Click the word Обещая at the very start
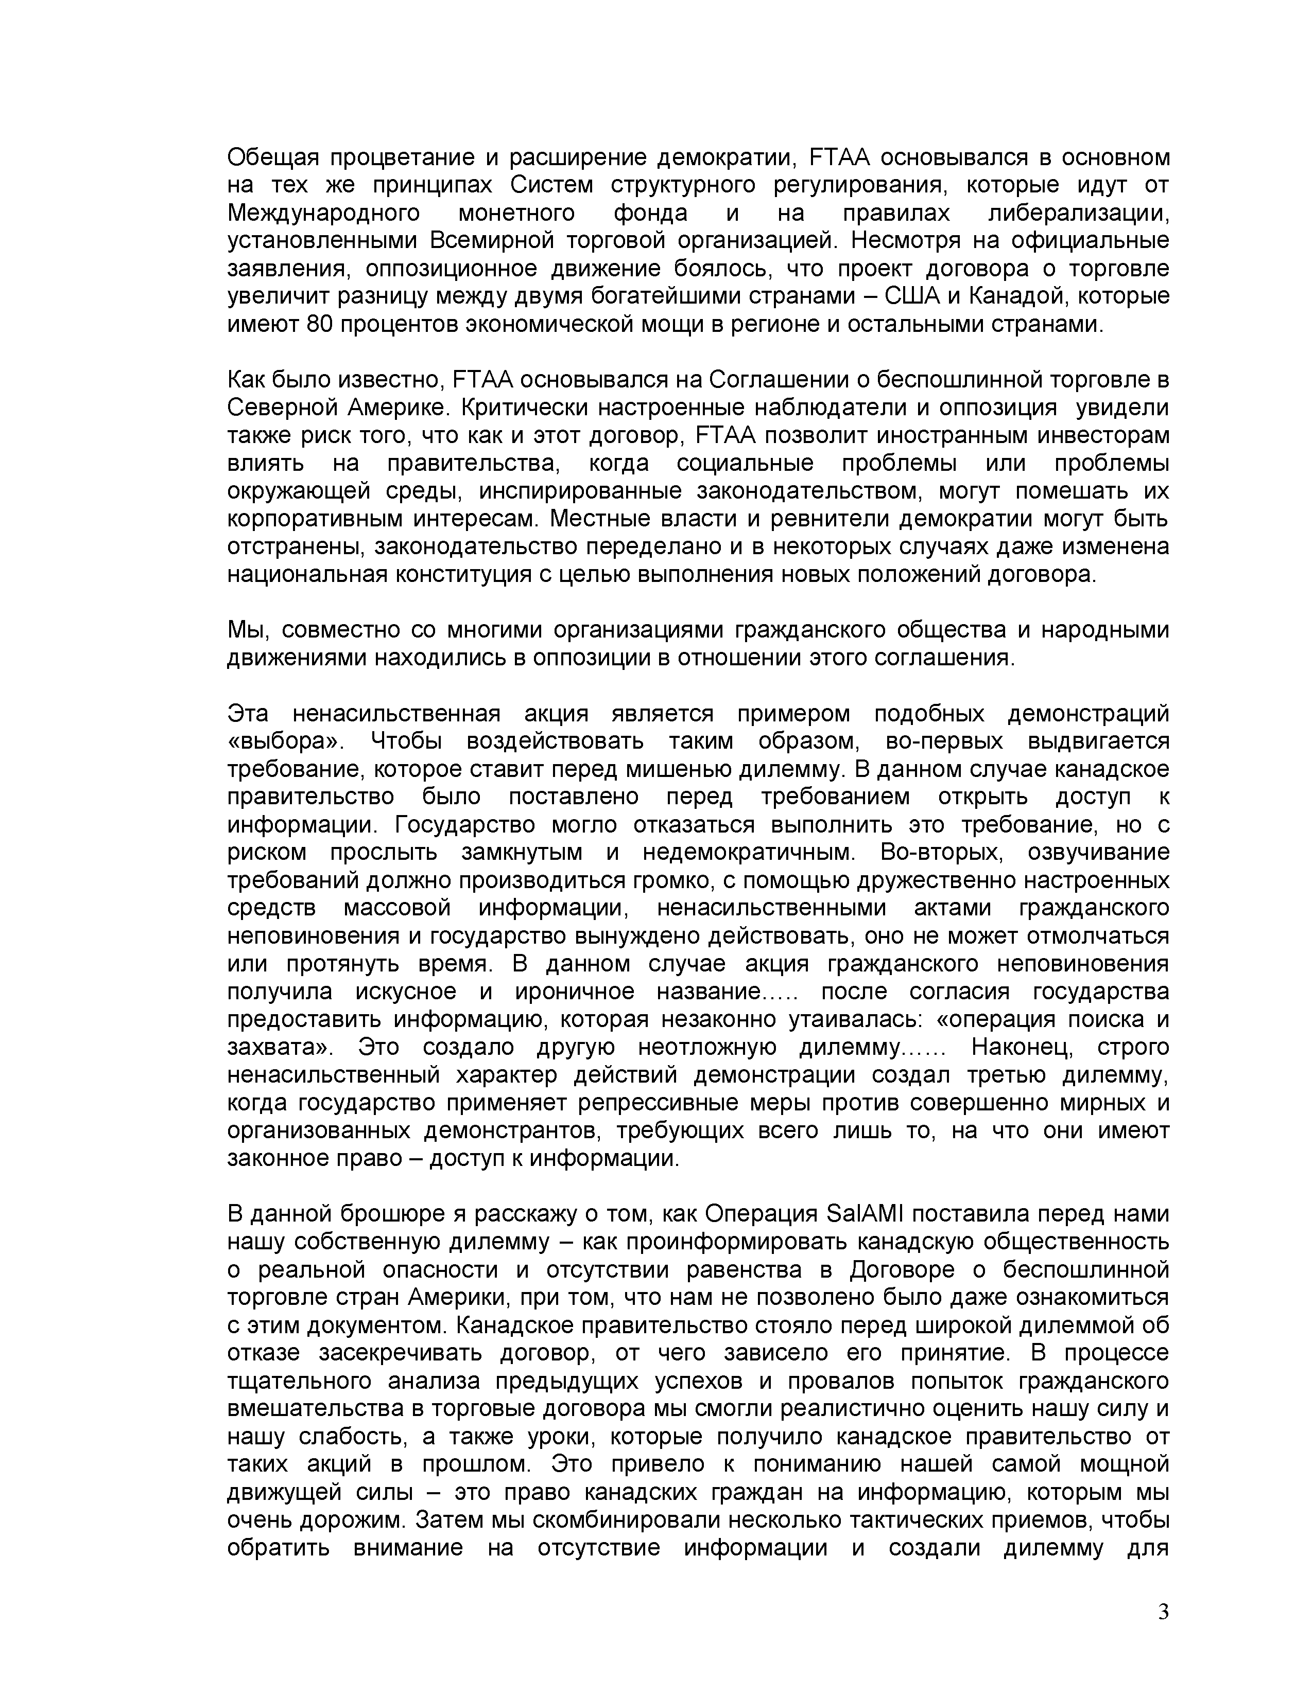click(x=273, y=158)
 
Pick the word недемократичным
click(x=748, y=852)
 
